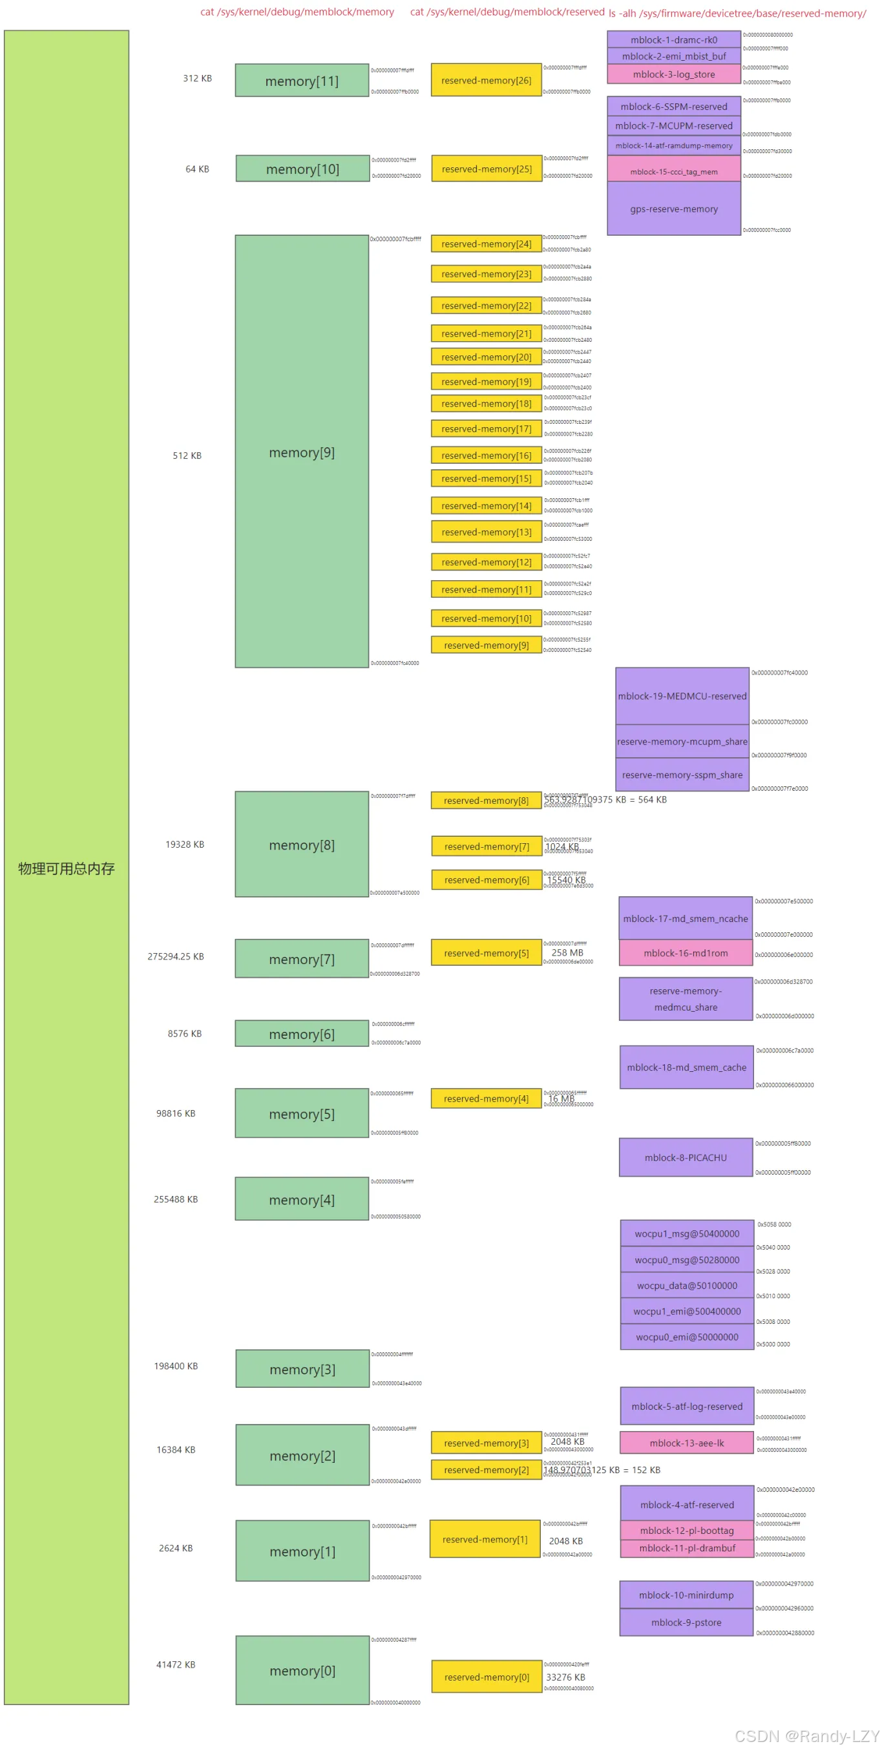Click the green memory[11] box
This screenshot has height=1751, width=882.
302,80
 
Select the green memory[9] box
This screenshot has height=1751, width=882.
302,452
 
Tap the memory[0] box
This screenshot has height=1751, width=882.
302,1670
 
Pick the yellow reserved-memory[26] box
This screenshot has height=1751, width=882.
486,80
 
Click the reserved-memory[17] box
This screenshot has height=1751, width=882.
486,428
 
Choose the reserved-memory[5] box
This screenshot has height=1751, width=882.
486,953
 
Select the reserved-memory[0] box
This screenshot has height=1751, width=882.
487,1677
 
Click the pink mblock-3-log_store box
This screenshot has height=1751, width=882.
673,74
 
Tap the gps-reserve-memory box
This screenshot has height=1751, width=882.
673,209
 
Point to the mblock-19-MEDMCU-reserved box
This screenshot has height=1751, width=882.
682,695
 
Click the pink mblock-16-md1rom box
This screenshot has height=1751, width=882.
685,953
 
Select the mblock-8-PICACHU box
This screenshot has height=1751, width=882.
685,1157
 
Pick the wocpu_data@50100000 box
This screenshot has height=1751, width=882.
686,1284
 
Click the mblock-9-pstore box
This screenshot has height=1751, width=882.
686,1622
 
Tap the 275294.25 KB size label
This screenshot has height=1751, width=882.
175,956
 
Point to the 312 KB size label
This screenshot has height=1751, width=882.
197,78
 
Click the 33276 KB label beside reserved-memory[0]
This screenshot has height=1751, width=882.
565,1677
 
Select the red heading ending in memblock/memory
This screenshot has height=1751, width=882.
297,12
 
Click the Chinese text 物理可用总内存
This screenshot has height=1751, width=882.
66,868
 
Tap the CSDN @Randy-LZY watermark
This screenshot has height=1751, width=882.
806,1735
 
